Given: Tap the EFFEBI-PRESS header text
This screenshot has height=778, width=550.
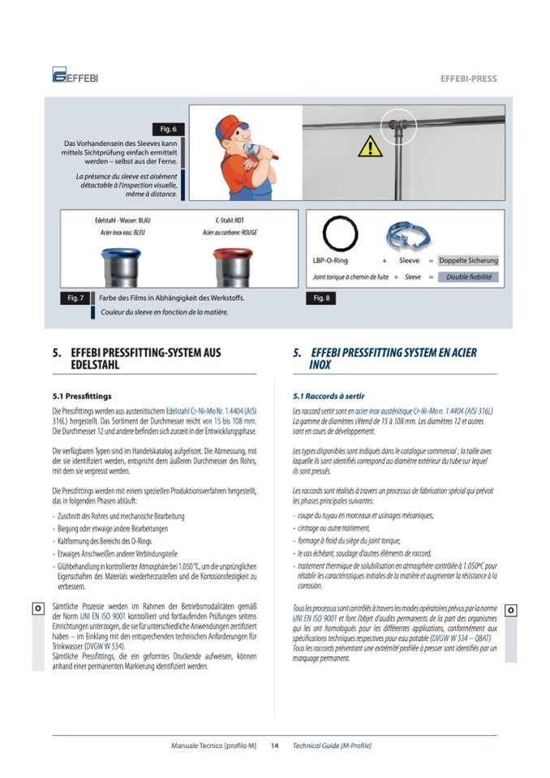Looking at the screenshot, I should [468, 79].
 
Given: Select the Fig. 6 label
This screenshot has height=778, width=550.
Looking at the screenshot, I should [168, 129].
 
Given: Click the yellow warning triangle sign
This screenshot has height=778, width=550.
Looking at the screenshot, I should [370, 147].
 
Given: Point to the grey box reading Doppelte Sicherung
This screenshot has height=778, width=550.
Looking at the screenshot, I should [468, 261].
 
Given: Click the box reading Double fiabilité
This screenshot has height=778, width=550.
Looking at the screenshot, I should [468, 277].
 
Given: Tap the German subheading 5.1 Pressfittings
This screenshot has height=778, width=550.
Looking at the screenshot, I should [82, 397].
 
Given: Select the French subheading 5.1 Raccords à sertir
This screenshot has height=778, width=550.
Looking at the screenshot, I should [329, 397].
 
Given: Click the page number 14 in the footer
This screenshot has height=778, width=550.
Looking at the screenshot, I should [275, 746].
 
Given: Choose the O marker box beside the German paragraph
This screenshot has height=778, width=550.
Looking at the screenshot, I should [38, 608].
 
